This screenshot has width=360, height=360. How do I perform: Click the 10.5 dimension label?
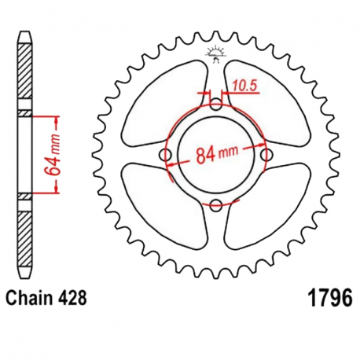[x=244, y=86]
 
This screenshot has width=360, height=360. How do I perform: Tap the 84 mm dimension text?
[x=217, y=155]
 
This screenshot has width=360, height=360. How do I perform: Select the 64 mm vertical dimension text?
[x=52, y=155]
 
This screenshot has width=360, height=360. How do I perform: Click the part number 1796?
[x=331, y=298]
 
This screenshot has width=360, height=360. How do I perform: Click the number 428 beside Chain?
[x=72, y=298]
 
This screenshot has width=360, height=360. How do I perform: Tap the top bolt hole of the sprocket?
[x=216, y=105]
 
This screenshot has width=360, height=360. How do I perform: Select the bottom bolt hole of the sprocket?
[x=216, y=204]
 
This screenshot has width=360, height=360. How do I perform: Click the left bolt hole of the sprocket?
[x=166, y=155]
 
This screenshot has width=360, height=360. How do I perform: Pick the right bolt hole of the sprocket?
[x=266, y=155]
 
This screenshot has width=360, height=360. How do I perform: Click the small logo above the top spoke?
[x=216, y=53]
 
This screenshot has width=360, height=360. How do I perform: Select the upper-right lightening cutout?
[x=267, y=105]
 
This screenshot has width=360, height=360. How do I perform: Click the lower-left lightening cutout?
[x=163, y=206]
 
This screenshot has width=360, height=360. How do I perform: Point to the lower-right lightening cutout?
[x=268, y=206]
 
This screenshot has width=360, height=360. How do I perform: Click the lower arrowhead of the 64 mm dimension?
[x=56, y=189]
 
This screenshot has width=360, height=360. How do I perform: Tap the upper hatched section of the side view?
[x=25, y=71]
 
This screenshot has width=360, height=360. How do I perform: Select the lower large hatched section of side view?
[x=25, y=239]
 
